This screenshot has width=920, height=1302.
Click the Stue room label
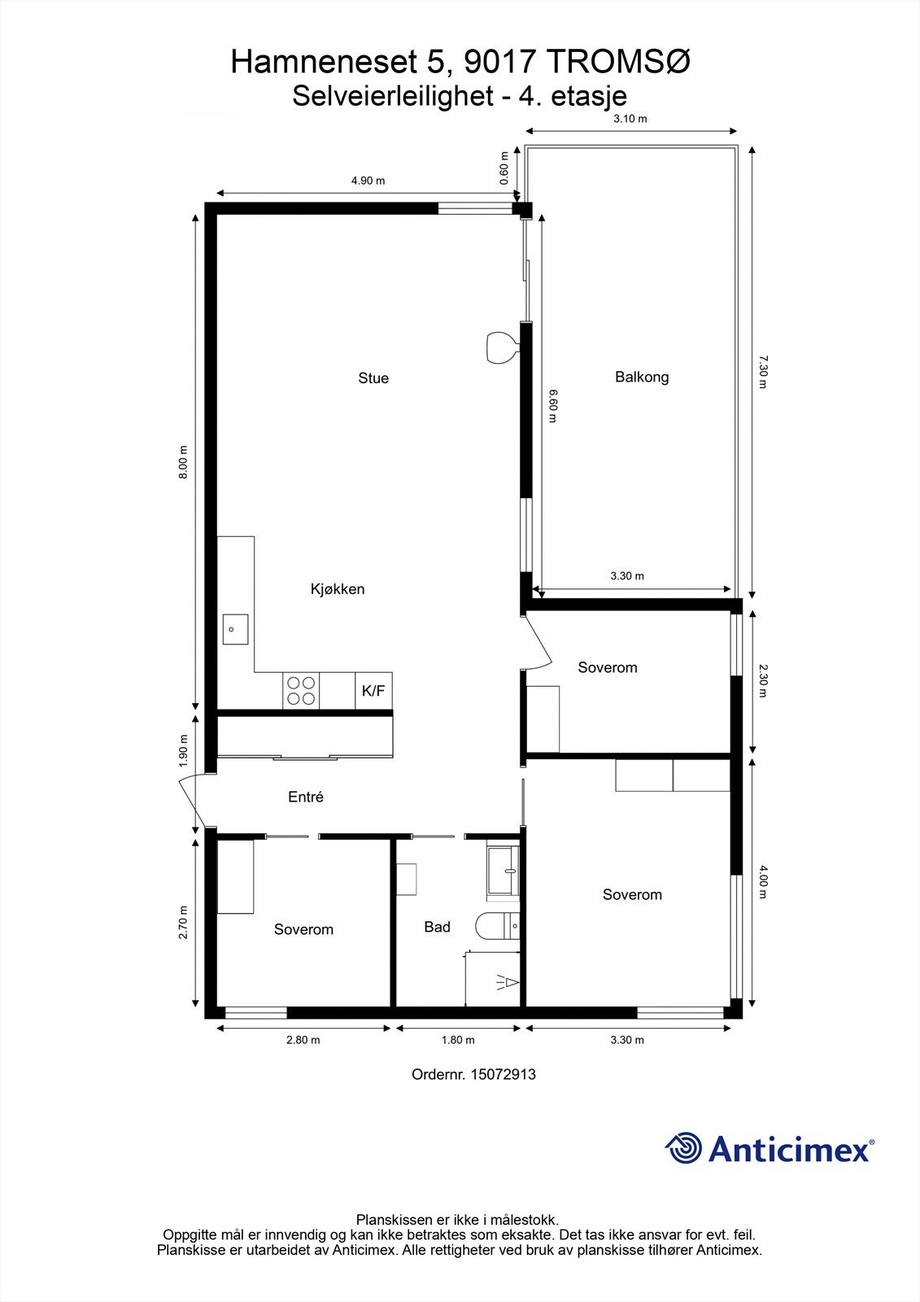click(373, 378)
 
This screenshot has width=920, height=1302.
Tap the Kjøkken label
click(338, 589)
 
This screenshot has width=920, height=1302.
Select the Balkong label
click(642, 377)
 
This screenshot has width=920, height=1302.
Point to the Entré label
click(306, 797)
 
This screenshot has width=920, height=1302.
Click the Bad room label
click(437, 927)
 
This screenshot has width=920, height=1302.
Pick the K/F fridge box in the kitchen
click(373, 691)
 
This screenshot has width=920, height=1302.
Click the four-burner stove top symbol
click(301, 691)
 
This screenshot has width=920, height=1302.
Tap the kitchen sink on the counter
click(235, 629)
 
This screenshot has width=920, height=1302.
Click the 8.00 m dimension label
click(184, 461)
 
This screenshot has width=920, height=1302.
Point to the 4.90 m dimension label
click(368, 181)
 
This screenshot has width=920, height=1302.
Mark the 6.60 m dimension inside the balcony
click(553, 406)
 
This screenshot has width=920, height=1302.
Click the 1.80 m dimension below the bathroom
click(458, 1040)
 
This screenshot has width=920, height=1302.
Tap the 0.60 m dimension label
click(504, 168)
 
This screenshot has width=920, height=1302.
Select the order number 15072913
click(473, 1074)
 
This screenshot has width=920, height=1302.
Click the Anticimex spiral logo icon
click(683, 1148)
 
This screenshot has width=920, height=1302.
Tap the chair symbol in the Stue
click(500, 347)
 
